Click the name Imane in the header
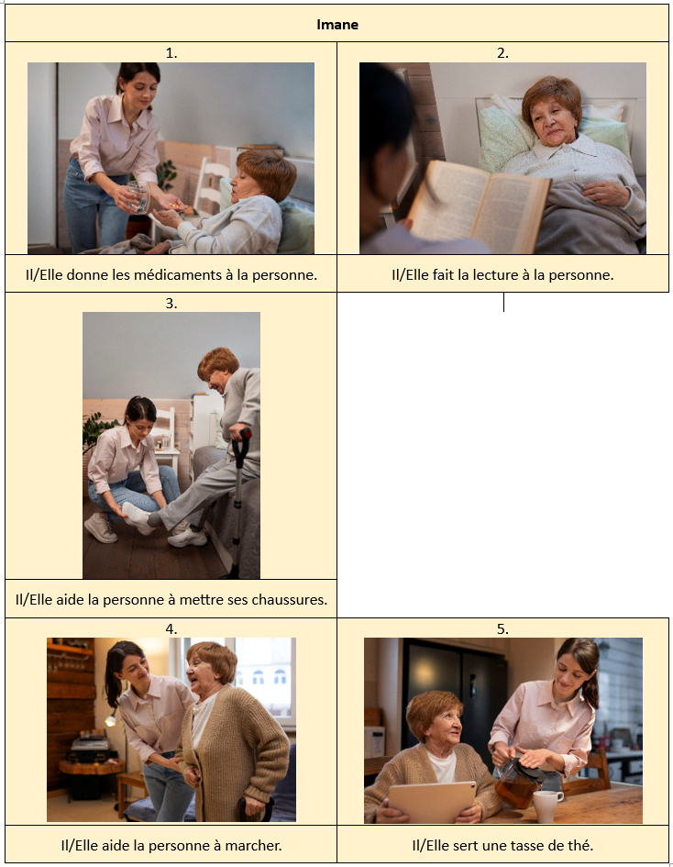pyautogui.click(x=337, y=25)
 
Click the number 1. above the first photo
pyautogui.click(x=171, y=53)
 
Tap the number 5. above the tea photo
pyautogui.click(x=502, y=628)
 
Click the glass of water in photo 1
pyautogui.click(x=138, y=197)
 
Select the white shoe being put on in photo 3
pyautogui.click(x=136, y=517)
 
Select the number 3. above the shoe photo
pyautogui.click(x=171, y=303)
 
